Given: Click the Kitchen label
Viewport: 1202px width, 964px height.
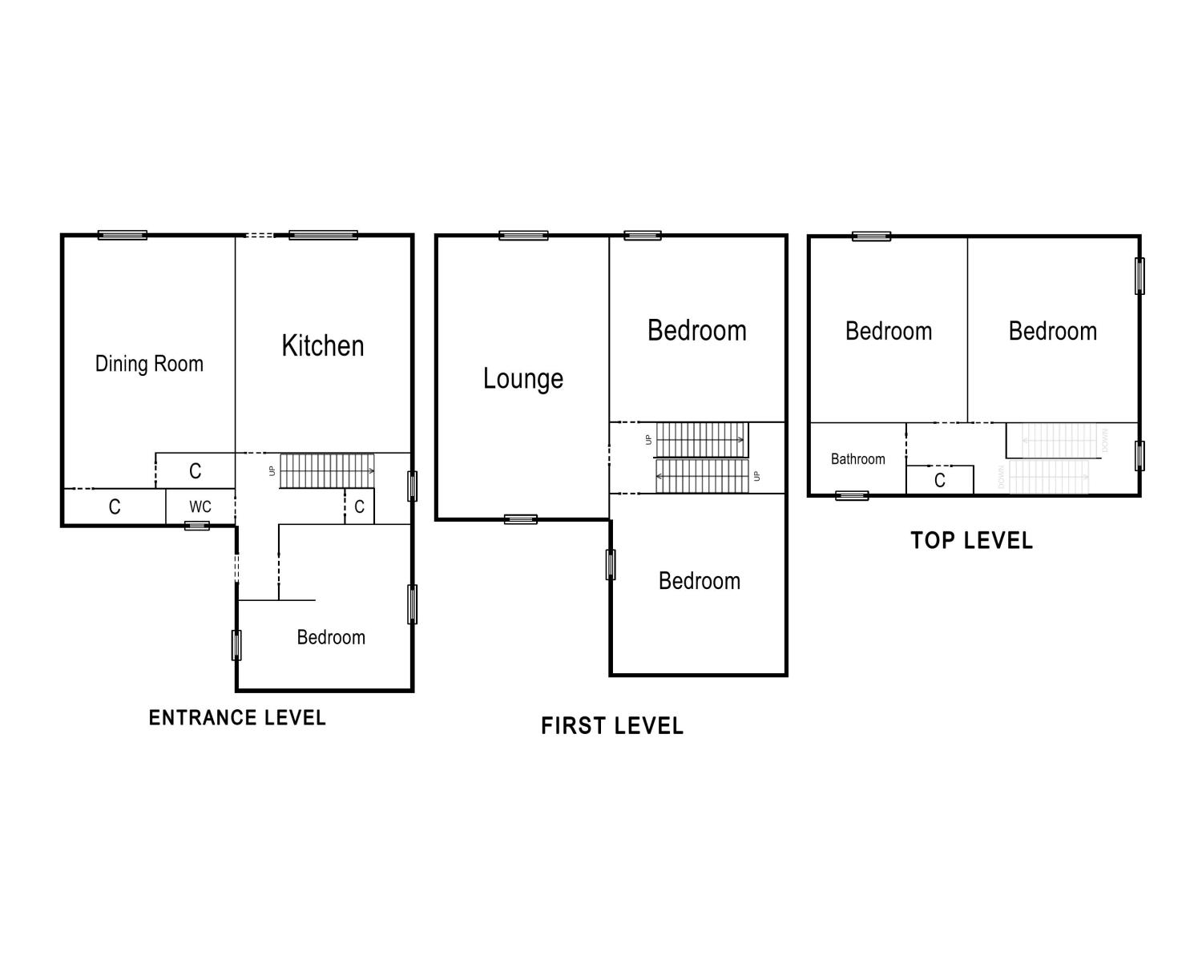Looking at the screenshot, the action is point(323,346).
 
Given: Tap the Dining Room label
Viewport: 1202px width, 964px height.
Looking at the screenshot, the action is point(149,364).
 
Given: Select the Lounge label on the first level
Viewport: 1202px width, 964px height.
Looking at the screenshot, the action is point(522,378).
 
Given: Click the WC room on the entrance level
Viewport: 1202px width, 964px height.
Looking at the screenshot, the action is point(200,507).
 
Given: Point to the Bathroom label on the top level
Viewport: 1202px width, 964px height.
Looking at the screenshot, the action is point(857,459).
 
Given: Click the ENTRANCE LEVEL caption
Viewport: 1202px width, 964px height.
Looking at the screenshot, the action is point(237,718).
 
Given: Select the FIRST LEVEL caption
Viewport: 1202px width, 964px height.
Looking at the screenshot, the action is point(612,727).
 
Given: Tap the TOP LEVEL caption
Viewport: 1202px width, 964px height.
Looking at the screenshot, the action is point(971,541).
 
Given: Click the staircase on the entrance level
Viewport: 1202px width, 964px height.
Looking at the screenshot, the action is point(327,470).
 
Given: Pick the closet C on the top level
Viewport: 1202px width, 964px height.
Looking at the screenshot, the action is point(940,481).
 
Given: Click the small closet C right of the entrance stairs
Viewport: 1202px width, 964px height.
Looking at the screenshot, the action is point(359,507).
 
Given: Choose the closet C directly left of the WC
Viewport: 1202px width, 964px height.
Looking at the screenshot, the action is point(115,507).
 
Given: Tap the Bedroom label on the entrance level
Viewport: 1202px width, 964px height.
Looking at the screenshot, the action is point(331,638).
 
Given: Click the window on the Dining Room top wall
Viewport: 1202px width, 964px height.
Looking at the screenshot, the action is point(123,236).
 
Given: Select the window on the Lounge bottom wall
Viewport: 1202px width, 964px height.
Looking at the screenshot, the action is point(521,519).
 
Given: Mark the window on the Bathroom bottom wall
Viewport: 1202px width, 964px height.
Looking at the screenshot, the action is point(852,496).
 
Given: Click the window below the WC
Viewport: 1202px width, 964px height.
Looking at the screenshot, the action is point(197,526).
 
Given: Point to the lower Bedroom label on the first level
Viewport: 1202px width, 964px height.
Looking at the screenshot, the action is point(699,582).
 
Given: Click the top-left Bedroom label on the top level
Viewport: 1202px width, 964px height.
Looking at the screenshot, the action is point(889,332).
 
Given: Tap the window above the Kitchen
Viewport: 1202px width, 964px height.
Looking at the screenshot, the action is point(323,236).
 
